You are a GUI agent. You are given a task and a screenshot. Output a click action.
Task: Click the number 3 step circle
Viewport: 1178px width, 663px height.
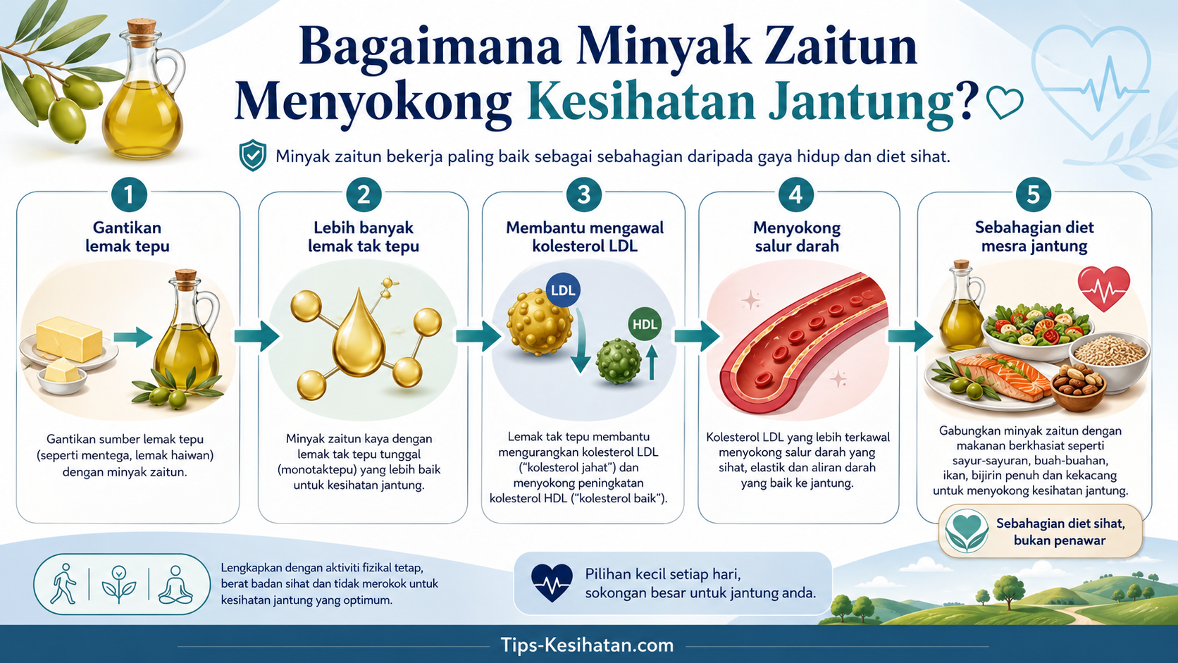point(584,194)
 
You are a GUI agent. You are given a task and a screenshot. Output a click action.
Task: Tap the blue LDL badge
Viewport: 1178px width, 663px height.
point(563,290)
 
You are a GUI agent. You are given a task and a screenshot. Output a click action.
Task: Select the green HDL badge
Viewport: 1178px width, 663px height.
point(645,324)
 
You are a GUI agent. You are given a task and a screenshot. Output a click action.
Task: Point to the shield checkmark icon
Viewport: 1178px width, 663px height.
point(253,155)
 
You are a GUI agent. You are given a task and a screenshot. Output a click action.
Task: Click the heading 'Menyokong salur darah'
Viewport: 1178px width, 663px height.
point(797,237)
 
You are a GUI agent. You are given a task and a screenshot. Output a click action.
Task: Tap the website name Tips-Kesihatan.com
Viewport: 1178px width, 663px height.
point(587,645)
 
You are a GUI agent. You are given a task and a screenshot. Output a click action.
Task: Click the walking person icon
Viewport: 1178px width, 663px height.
point(63,584)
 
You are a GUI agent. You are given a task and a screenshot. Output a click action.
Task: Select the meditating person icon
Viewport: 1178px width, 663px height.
point(175,584)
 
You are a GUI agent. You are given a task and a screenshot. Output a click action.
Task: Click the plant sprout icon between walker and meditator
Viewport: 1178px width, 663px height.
point(119,584)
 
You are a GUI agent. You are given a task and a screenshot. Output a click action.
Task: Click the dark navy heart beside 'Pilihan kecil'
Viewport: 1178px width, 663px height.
point(552,583)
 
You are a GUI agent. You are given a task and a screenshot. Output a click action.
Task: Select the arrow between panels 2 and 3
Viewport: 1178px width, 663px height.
point(478,336)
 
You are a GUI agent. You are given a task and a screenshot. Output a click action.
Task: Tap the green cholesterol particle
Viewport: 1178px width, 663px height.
point(619,361)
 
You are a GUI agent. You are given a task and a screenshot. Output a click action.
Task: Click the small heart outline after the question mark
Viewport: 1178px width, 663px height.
point(1005,102)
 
